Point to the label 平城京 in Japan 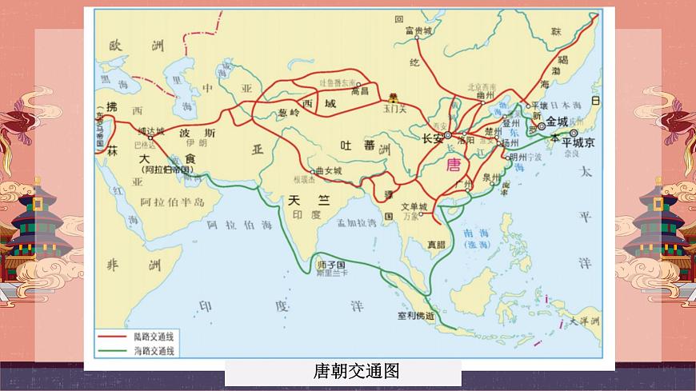pos(574,142)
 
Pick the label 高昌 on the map pos(359,92)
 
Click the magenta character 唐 pos(454,166)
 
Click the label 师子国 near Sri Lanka pos(330,265)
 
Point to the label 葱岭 pos(288,113)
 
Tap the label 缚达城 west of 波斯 pos(150,130)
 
